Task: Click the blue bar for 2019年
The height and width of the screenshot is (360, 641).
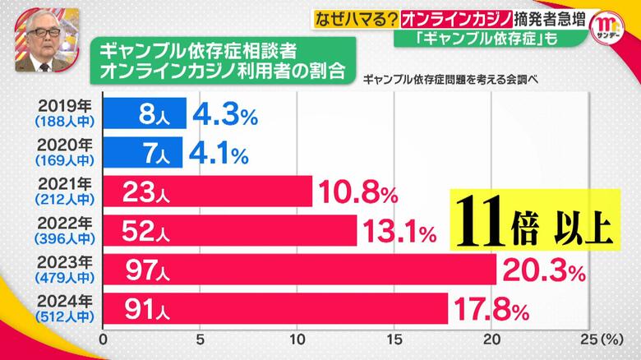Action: (x=145, y=113)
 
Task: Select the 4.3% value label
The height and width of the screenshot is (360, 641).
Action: (x=221, y=114)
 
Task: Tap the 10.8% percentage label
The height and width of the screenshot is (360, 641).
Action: (x=358, y=193)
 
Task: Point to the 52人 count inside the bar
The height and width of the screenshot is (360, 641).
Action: (x=144, y=231)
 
